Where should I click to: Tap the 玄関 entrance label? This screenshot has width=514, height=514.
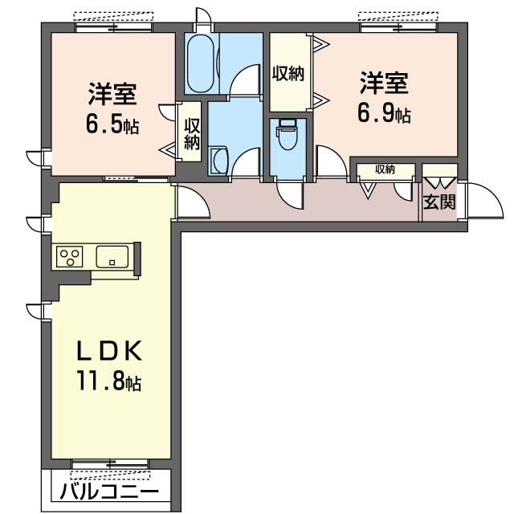(x=439, y=202)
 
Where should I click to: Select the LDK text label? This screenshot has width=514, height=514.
(x=110, y=351)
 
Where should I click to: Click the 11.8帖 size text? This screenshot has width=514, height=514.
(x=109, y=381)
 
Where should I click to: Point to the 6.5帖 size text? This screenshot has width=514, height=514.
(x=112, y=124)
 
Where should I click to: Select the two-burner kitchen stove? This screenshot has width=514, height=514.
(x=70, y=257)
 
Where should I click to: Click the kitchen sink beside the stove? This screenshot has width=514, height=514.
(x=112, y=257)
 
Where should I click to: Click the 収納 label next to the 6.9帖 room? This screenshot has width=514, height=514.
(x=287, y=74)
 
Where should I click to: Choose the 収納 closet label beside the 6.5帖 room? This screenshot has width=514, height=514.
(x=191, y=133)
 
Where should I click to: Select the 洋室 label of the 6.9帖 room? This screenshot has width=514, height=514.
(x=384, y=83)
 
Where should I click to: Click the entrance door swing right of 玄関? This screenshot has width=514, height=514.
(x=475, y=200)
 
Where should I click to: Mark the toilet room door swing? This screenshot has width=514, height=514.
(x=288, y=193)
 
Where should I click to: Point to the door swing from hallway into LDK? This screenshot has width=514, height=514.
(x=190, y=202)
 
